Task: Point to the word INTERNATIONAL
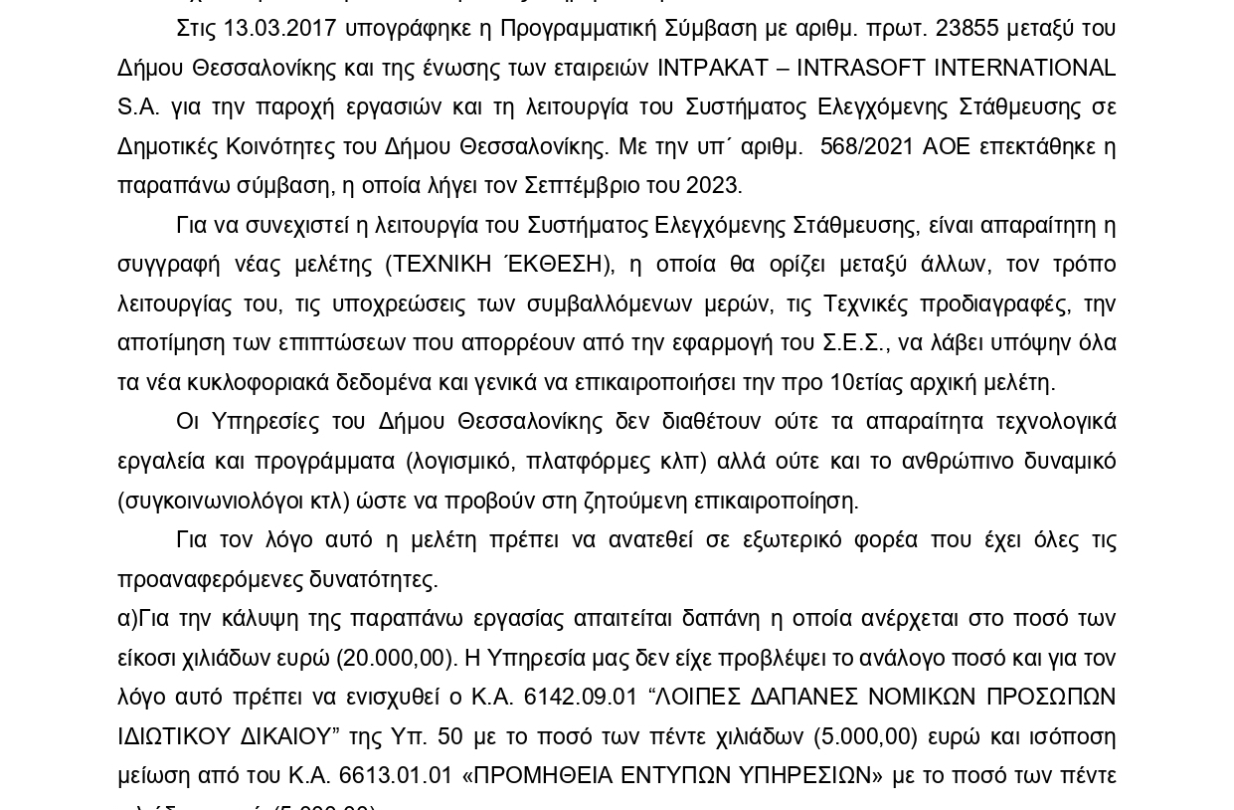coord(1023,68)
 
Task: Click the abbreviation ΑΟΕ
coord(946,146)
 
